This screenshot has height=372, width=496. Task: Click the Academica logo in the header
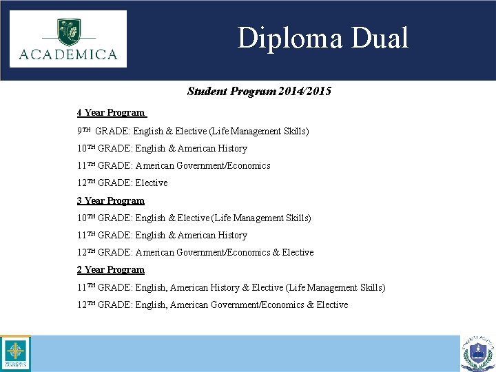click(x=68, y=39)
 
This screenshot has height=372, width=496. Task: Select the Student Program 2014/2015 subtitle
click(x=259, y=91)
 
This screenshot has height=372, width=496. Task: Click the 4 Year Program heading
click(x=111, y=112)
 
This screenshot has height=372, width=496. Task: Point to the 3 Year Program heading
click(x=111, y=200)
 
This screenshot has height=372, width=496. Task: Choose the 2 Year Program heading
click(x=111, y=269)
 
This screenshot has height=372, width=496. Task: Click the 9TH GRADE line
click(x=193, y=131)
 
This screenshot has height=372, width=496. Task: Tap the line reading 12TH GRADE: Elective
click(x=123, y=183)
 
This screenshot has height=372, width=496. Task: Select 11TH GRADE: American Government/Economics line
click(x=174, y=165)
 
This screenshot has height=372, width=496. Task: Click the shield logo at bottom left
click(x=14, y=353)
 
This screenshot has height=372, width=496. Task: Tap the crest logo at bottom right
click(x=478, y=353)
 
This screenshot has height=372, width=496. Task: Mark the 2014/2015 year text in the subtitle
click(x=305, y=91)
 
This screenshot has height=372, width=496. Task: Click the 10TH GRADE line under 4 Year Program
click(x=162, y=148)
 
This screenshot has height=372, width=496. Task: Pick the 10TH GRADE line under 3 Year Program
click(x=194, y=218)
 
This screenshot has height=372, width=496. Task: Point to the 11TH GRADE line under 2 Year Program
click(x=231, y=287)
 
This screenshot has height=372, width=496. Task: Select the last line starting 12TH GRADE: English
click(x=213, y=304)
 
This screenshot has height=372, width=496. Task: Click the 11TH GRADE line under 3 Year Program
click(x=162, y=235)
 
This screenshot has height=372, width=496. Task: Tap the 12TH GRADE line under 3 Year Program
click(x=196, y=252)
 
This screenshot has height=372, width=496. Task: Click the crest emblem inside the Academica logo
click(x=68, y=30)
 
